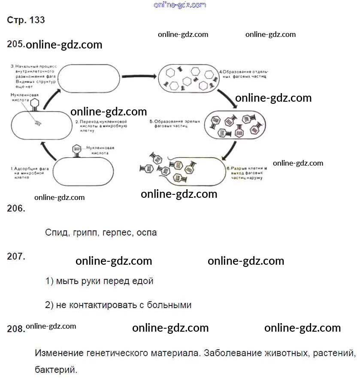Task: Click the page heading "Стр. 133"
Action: [26, 20]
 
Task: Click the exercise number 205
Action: [16, 44]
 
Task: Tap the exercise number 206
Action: [16, 209]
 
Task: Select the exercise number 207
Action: [16, 257]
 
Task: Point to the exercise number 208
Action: [16, 329]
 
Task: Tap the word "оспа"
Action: [147, 233]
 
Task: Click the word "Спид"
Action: [56, 233]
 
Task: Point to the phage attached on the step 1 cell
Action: [77, 150]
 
